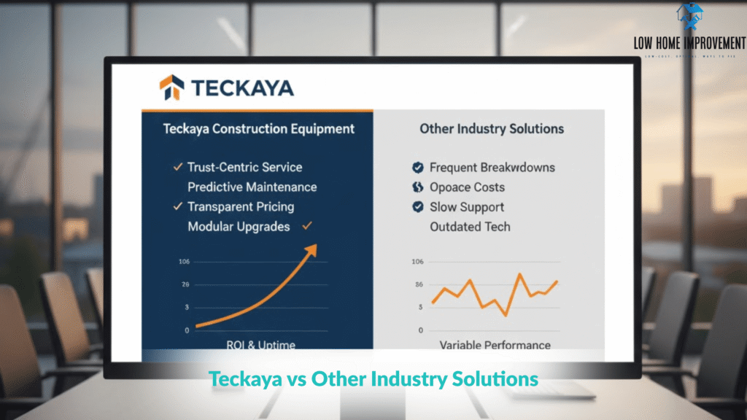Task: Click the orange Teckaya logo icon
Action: [x=171, y=87]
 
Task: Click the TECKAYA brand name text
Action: [x=242, y=88]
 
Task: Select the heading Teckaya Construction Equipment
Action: [x=258, y=129]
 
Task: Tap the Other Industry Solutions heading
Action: [x=492, y=129]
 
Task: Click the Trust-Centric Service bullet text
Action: [x=244, y=168]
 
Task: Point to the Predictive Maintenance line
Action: [x=252, y=187]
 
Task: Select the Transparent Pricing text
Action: [x=241, y=207]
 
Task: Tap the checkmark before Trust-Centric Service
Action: [x=177, y=168]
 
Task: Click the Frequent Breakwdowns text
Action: [x=492, y=168]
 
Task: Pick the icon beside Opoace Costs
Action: [x=417, y=187]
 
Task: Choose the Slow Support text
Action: [x=467, y=207]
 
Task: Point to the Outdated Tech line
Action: [x=470, y=227]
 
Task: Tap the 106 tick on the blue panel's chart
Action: [x=183, y=262]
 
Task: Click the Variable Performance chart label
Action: [x=495, y=345]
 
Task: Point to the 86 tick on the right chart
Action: [x=417, y=284]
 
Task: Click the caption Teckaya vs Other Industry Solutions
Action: [x=373, y=379]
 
